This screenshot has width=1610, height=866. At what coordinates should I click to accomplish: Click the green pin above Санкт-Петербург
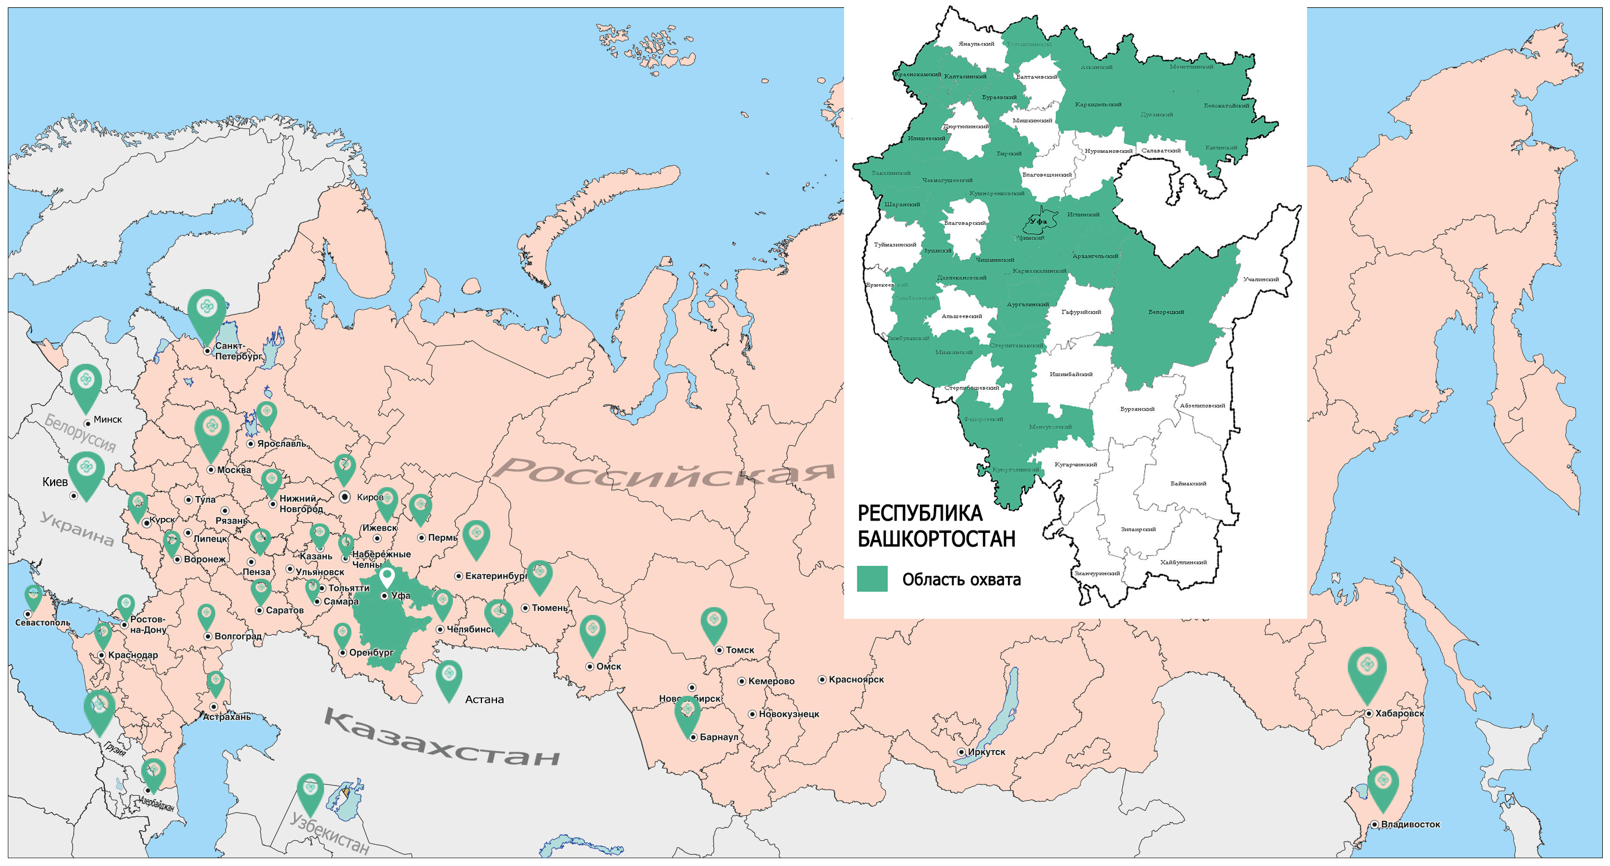[206, 310]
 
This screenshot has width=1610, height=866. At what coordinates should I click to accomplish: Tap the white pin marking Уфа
[387, 576]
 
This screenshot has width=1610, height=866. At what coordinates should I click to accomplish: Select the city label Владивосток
[1411, 824]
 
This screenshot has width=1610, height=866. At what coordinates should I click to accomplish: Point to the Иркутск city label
[986, 752]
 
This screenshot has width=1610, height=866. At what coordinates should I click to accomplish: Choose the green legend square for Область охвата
[872, 579]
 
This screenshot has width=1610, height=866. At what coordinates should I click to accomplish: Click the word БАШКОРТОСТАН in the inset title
[936, 539]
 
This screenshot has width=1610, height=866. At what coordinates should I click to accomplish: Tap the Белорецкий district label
[1165, 312]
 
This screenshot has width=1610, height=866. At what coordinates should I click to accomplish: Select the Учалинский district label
[1261, 280]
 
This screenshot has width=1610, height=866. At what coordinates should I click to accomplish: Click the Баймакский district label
[1188, 483]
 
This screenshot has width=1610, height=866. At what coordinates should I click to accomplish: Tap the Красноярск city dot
[822, 679]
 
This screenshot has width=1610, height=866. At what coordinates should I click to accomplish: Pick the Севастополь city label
[42, 623]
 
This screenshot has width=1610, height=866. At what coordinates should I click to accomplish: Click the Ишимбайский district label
[1071, 374]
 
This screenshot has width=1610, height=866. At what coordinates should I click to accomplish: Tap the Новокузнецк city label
[789, 714]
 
